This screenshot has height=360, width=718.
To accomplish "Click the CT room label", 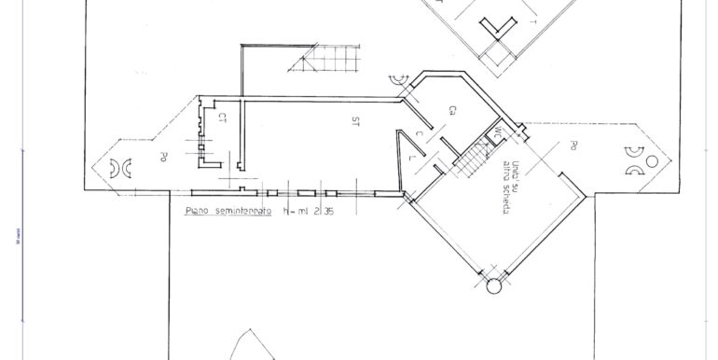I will pyautogui.click(x=223, y=118).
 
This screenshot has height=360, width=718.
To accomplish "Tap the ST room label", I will pyautogui.click(x=356, y=121).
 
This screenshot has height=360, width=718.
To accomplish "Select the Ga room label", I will pyautogui.click(x=451, y=110).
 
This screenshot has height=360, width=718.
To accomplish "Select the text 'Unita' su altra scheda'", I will pyautogui.click(x=512, y=187).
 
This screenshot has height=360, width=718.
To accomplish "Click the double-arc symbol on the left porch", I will pyautogui.click(x=120, y=167).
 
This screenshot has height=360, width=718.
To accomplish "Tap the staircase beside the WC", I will pyautogui.click(x=473, y=160).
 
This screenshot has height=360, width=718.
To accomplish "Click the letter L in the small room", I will pyautogui.click(x=414, y=159).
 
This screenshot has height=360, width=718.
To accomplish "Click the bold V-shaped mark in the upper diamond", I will pyautogui.click(x=501, y=27).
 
